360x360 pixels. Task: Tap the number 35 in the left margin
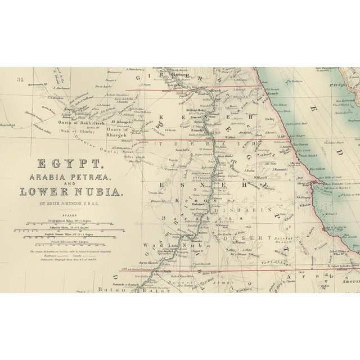[x=22, y=79]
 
